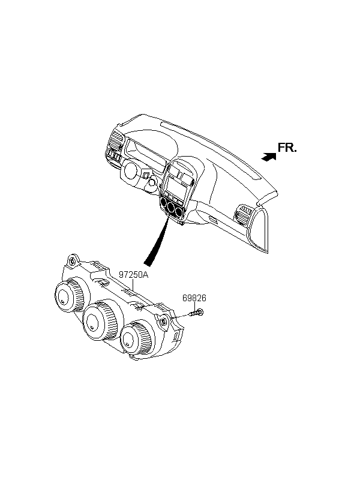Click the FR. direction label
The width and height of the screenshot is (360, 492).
coord(287,148)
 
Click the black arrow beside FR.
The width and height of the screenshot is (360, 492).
coord(269,157)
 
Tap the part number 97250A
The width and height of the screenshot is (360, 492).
coord(133,275)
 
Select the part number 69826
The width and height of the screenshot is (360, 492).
coord(194,298)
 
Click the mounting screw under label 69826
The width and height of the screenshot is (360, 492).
coord(196,313)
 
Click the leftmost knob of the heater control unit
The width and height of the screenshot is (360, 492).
coord(70,295)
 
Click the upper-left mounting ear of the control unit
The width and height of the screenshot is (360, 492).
coord(73,260)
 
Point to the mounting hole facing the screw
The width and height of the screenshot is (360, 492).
coord(164,321)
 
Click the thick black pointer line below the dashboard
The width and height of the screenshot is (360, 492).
coord(157,243)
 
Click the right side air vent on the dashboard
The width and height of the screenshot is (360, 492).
coord(245,215)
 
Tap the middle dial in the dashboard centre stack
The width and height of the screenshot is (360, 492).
coord(172,207)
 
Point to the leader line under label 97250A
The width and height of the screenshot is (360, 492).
coord(133,285)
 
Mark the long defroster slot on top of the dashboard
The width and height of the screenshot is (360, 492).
coord(210,151)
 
